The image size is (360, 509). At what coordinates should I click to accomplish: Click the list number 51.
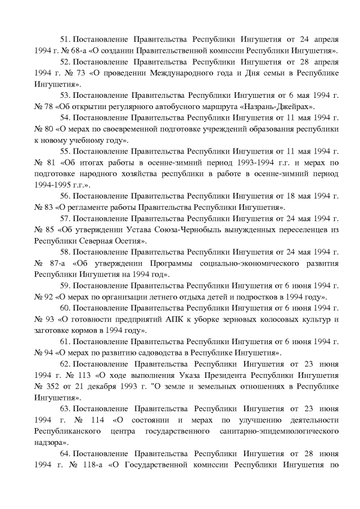tap(65, 40)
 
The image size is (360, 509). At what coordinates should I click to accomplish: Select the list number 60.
tap(65, 308)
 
